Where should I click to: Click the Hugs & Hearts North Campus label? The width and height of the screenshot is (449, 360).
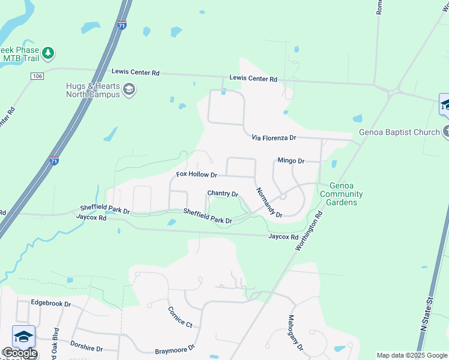92,90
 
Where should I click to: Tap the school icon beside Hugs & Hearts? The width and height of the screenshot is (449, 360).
128,90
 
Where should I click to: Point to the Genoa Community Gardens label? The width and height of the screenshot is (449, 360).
341,194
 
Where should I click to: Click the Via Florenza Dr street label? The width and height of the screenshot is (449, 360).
274,138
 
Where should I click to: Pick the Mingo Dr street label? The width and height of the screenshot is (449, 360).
291,161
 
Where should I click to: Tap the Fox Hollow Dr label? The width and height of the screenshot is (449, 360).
196,175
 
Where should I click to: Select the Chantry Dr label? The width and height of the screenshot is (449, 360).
223,194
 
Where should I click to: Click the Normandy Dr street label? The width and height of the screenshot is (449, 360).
269,202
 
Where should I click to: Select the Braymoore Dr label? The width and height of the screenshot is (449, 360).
175,349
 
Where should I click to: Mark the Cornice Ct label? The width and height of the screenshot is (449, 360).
180,317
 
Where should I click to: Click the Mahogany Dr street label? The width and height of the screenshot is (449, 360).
296,333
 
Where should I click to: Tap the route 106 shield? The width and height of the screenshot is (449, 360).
37,76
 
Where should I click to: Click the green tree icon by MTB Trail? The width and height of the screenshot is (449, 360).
47,53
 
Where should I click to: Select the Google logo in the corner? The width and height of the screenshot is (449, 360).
19,352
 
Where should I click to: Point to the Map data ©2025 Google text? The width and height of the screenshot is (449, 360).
412,355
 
